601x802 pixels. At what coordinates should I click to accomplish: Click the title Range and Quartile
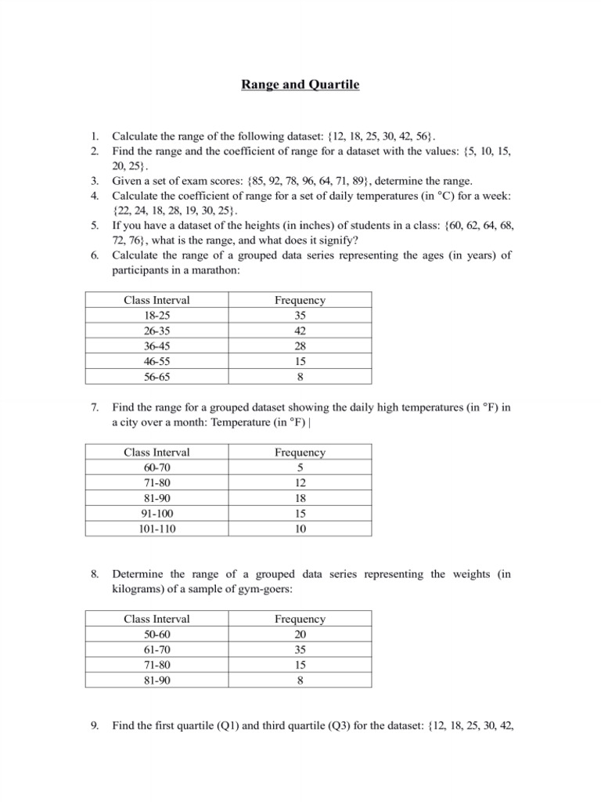pyautogui.click(x=300, y=85)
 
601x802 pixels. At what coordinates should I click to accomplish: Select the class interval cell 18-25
pyautogui.click(x=157, y=315)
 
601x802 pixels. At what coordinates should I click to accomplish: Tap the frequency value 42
pyautogui.click(x=300, y=331)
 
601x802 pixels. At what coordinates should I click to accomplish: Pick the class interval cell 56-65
pyautogui.click(x=157, y=377)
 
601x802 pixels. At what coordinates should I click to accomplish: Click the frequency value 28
pyautogui.click(x=300, y=346)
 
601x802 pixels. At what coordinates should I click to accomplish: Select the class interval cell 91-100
pyautogui.click(x=157, y=514)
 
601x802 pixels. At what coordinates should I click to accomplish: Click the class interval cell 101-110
pyautogui.click(x=157, y=529)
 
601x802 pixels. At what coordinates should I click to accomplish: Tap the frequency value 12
pyautogui.click(x=300, y=482)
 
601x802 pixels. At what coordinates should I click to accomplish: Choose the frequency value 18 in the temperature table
pyautogui.click(x=300, y=498)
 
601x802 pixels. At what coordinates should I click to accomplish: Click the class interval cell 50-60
pyautogui.click(x=157, y=634)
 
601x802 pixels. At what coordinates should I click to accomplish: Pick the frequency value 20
pyautogui.click(x=300, y=634)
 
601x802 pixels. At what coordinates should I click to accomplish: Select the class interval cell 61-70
pyautogui.click(x=157, y=650)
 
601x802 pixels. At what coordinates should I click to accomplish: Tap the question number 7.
pyautogui.click(x=94, y=407)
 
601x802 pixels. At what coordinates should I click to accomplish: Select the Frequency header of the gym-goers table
pyautogui.click(x=300, y=620)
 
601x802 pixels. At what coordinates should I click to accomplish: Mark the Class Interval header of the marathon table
pyautogui.click(x=157, y=300)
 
